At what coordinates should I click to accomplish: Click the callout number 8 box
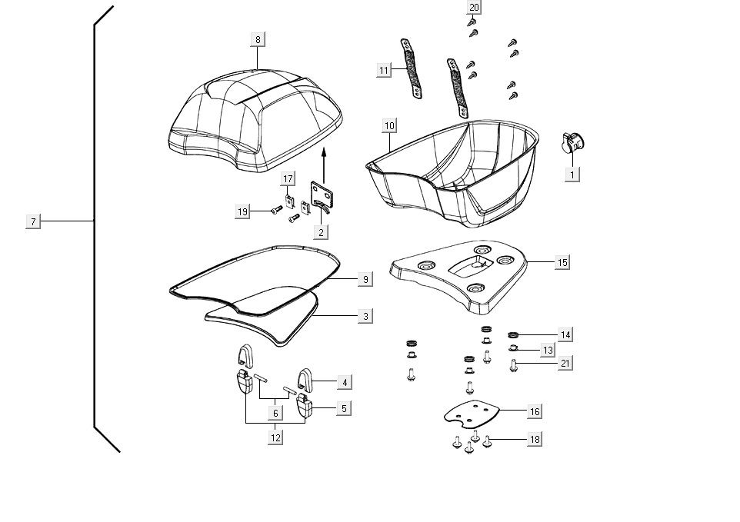click(x=258, y=39)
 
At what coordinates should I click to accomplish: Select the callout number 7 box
click(x=33, y=221)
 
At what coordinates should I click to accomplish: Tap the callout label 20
click(x=474, y=8)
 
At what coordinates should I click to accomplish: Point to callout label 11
click(x=385, y=70)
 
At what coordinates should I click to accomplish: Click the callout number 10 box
click(x=389, y=125)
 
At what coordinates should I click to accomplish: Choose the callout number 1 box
click(x=572, y=175)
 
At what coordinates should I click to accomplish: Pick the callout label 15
click(x=562, y=262)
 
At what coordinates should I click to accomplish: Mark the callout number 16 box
click(x=535, y=411)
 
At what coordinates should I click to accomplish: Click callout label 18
click(x=535, y=439)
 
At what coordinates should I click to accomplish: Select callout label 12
click(x=275, y=437)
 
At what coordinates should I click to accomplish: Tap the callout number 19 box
click(x=243, y=211)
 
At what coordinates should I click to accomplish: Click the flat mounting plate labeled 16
click(x=471, y=415)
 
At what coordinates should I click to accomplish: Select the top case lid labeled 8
click(x=254, y=119)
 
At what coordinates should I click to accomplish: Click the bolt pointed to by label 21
click(x=514, y=365)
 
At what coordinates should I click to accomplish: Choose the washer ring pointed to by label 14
click(x=514, y=334)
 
